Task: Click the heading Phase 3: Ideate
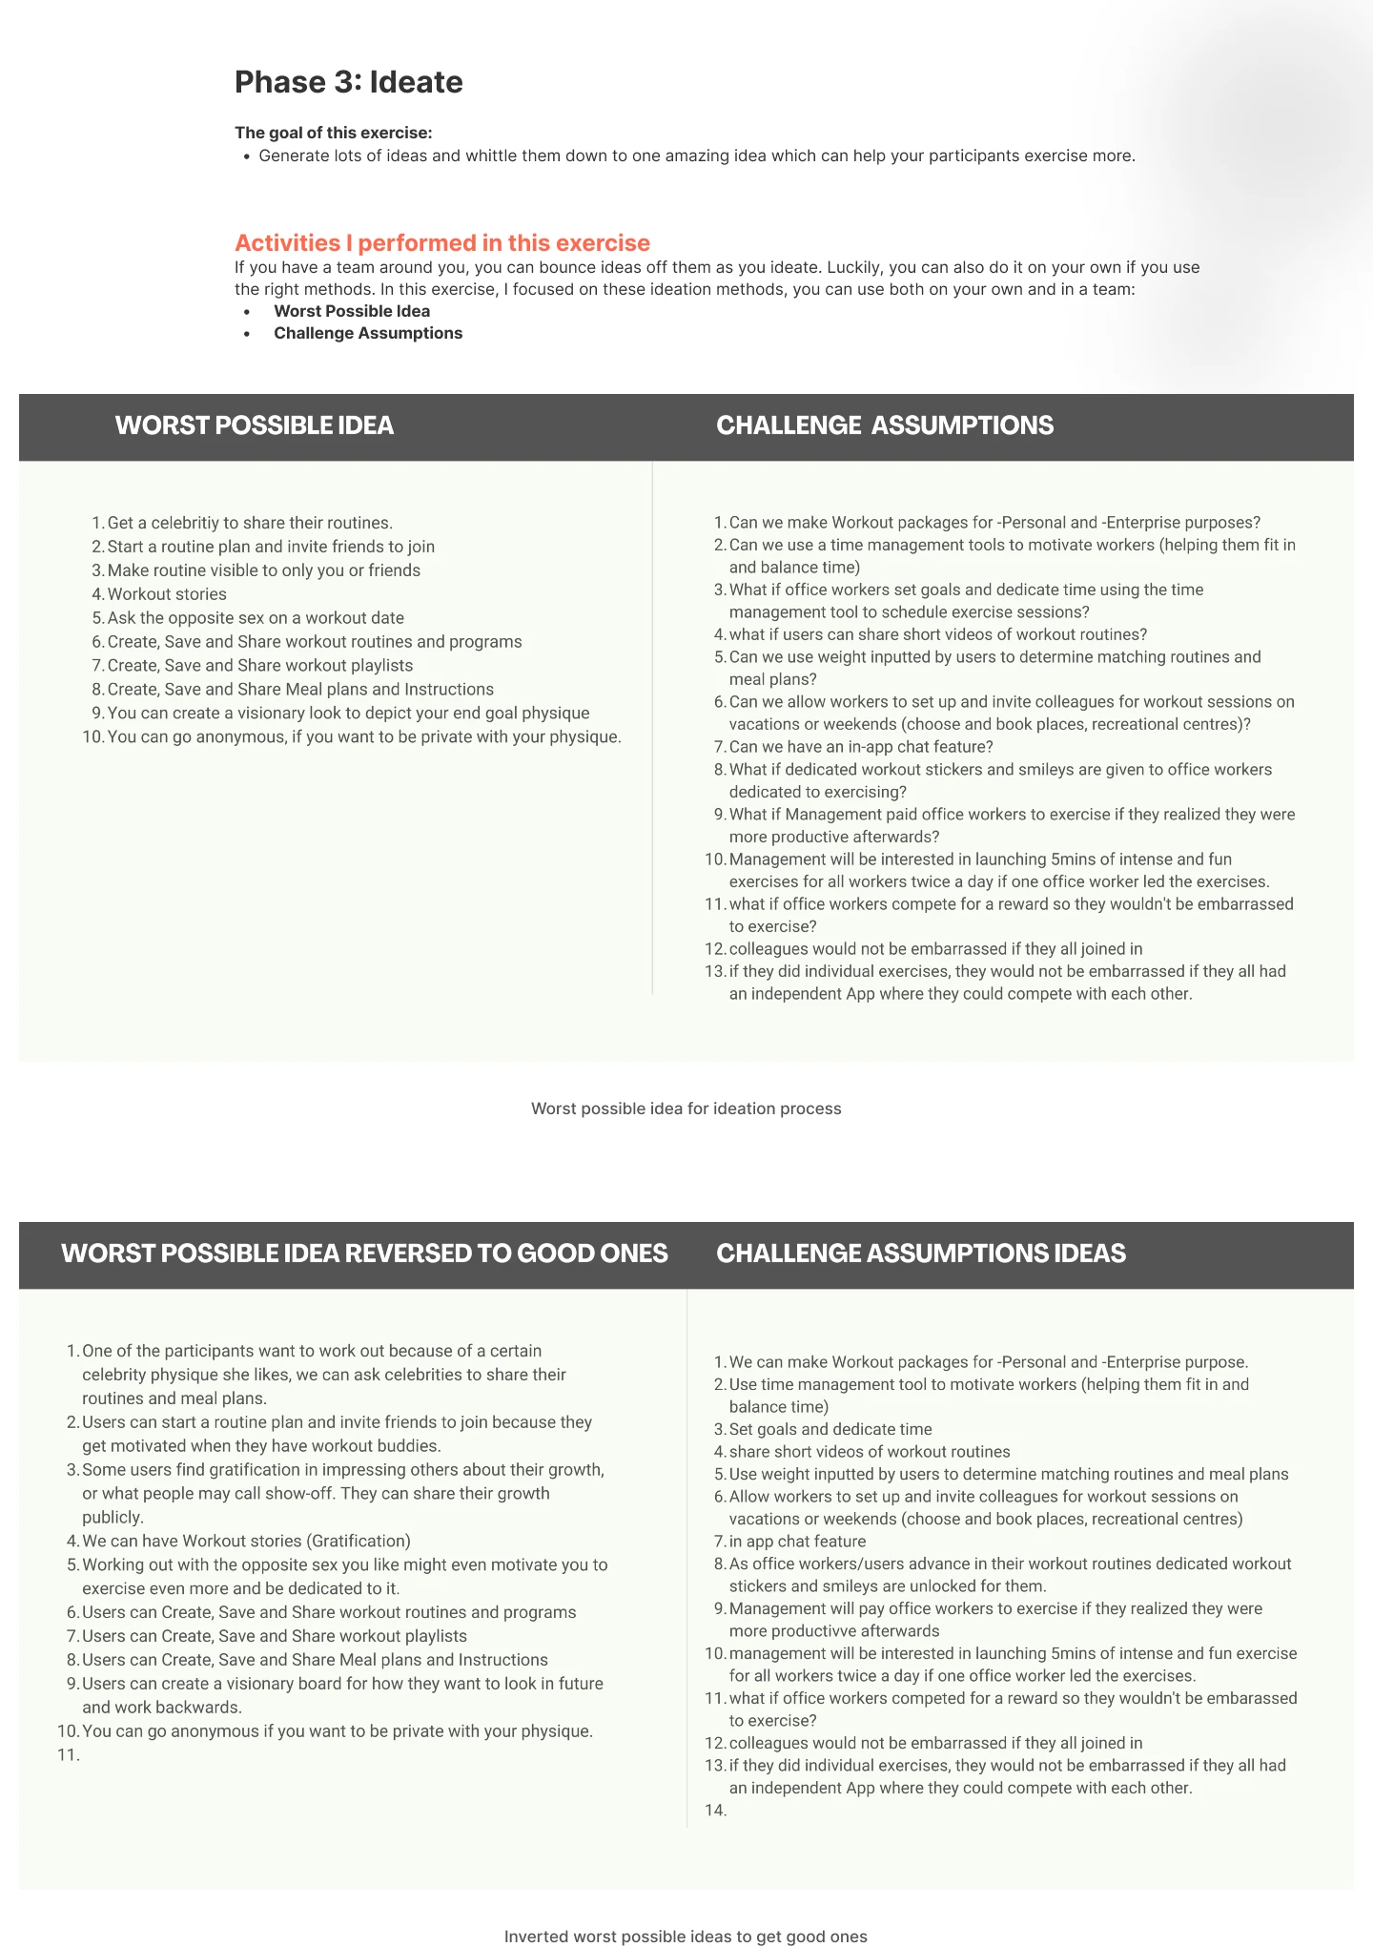348,82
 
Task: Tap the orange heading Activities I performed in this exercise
442,243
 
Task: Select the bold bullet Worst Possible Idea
352,311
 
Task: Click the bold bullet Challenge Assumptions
368,333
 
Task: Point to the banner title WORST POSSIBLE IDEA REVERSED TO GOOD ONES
364,1253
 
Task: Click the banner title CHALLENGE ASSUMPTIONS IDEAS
921,1253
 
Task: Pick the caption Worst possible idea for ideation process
686,1108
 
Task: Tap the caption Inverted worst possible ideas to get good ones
686,1937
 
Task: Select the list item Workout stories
167,594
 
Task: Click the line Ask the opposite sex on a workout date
256,618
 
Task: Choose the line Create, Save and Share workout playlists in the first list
260,666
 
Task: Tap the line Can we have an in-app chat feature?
861,747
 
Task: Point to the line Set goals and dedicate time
830,1429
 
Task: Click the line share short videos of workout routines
870,1452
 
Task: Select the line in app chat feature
797,1542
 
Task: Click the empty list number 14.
715,1811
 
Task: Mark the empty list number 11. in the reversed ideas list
68,1754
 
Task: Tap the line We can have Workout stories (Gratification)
246,1541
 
